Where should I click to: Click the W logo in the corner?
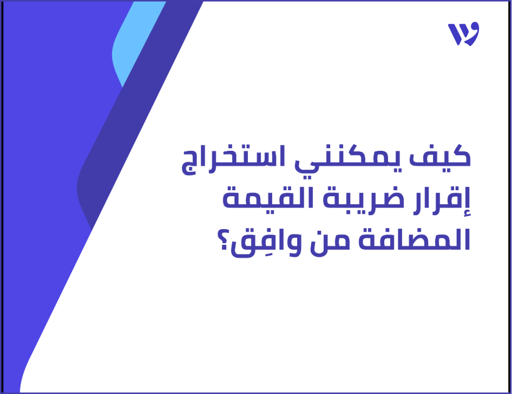click(x=463, y=35)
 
